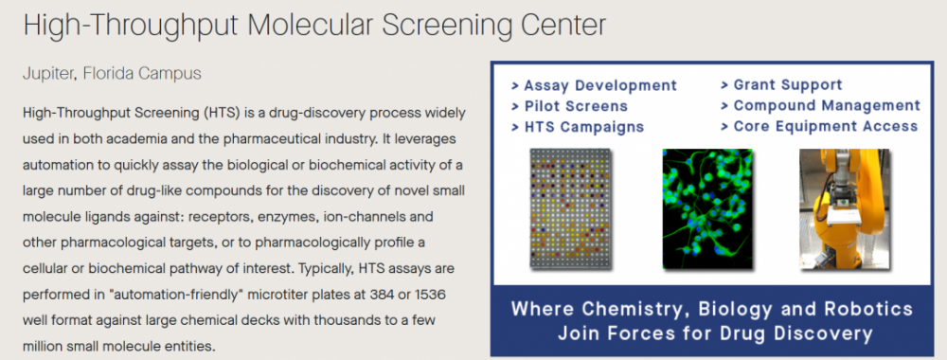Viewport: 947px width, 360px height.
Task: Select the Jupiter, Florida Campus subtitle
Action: [x=113, y=74]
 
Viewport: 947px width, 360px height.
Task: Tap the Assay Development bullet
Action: [x=595, y=86]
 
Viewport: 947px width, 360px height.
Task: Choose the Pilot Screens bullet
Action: [x=569, y=106]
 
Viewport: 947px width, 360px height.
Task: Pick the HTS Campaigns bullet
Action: [x=578, y=127]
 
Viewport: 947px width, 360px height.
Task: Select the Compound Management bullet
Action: [x=820, y=106]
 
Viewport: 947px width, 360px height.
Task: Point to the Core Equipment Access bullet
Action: [x=819, y=126]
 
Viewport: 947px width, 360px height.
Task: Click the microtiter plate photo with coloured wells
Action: [x=571, y=208]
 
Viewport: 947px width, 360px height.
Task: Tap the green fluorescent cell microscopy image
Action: [x=707, y=208]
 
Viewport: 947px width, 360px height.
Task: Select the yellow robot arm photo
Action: [x=845, y=208]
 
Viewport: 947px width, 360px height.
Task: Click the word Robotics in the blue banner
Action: [x=870, y=309]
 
